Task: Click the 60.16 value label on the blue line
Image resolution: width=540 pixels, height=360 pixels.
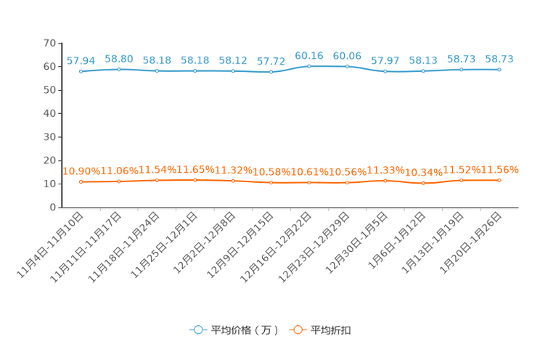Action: tap(309, 56)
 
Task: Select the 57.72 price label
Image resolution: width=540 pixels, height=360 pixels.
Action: tap(271, 61)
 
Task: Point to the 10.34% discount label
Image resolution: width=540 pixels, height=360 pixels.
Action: tap(424, 172)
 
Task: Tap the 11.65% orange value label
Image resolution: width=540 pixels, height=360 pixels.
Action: tap(195, 170)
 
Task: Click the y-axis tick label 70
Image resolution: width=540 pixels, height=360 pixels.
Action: tap(49, 43)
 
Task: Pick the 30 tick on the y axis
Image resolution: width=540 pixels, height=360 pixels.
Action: tap(49, 136)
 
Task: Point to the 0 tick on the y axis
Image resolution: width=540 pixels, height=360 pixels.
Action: tap(53, 207)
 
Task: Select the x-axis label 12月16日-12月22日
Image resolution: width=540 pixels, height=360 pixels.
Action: tap(276, 247)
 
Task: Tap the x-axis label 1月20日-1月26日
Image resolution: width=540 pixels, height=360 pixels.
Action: tap(470, 242)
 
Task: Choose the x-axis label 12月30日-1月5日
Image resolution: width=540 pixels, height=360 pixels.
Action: tap(356, 242)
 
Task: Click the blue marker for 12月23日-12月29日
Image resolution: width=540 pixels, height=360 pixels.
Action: tap(347, 67)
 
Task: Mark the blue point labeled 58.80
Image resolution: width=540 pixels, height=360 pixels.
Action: tap(119, 69)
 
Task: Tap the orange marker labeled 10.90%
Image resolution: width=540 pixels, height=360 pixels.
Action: tap(81, 182)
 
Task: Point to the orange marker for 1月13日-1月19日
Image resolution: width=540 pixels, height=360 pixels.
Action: tap(461, 180)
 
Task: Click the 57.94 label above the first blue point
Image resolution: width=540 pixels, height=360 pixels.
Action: tap(81, 61)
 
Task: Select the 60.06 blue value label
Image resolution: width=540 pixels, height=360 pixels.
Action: tap(347, 56)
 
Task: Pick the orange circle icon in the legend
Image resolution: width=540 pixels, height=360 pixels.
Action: tap(298, 330)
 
